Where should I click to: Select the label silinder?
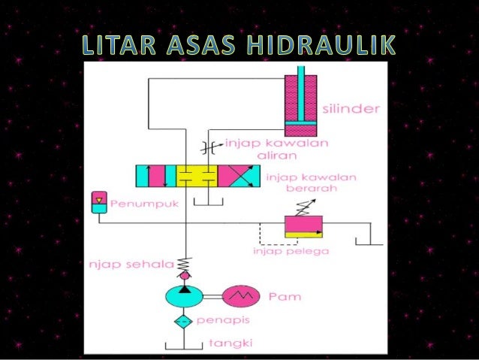(351, 109)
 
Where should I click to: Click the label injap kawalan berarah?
(311, 183)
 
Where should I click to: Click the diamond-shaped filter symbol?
(183, 322)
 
